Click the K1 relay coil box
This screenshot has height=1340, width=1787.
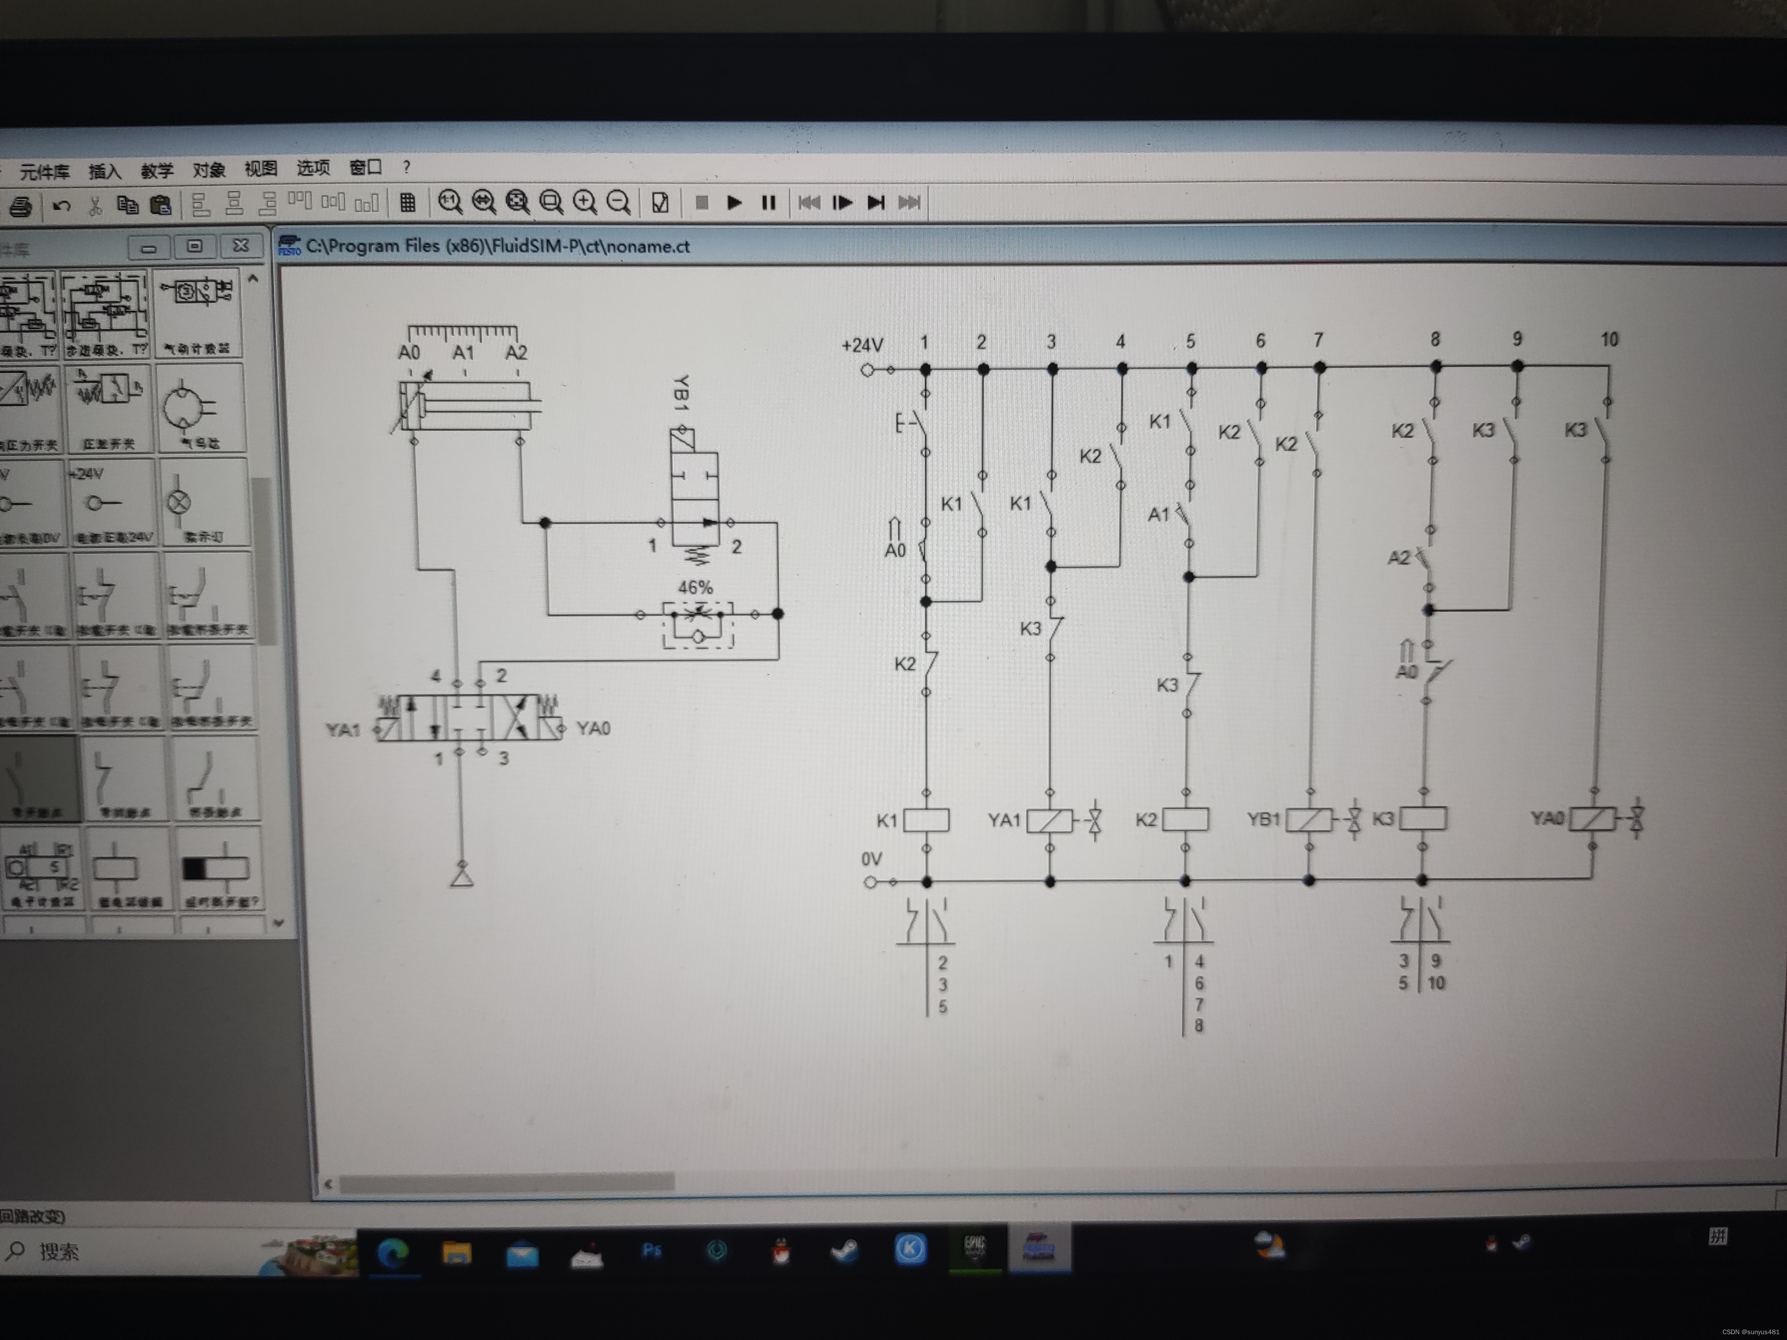click(x=926, y=820)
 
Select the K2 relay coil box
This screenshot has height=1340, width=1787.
click(x=1185, y=819)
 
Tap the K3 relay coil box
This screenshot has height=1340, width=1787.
click(x=1422, y=818)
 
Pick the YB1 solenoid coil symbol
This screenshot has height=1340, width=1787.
click(x=1309, y=820)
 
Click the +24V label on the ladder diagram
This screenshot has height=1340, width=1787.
click(x=862, y=346)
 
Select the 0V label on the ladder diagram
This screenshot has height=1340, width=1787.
click(x=871, y=858)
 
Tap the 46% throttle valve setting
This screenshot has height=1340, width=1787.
click(x=695, y=587)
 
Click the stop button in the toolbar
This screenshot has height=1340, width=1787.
click(x=701, y=203)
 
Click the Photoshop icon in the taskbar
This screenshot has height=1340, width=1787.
click(x=651, y=1250)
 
